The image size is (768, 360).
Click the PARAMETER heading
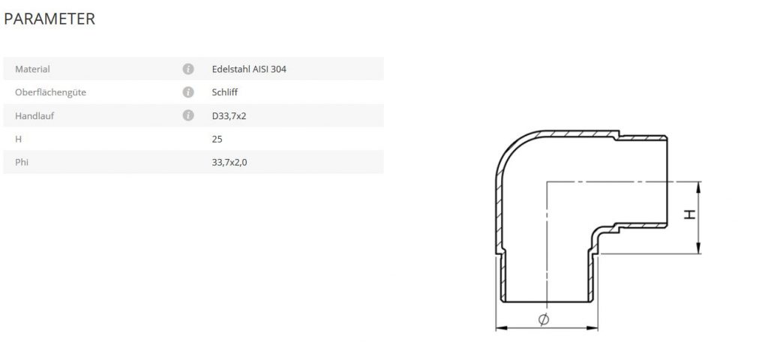point(49,19)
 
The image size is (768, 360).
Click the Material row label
point(32,69)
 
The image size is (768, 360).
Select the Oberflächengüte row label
point(47,92)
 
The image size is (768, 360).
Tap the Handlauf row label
point(34,115)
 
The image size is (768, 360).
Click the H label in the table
point(18,139)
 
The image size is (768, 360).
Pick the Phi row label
point(21,162)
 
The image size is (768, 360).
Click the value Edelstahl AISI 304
point(249,69)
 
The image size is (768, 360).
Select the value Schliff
point(225,92)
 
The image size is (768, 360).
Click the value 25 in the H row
point(217,139)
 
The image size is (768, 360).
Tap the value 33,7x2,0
point(229,162)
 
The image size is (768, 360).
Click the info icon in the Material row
point(188,69)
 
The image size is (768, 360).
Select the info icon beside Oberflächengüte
point(188,92)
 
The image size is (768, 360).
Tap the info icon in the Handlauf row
point(188,115)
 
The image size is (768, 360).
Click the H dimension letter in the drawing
point(690,214)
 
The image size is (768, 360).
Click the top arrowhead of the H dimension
point(698,186)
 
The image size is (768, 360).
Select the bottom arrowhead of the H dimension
point(698,250)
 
